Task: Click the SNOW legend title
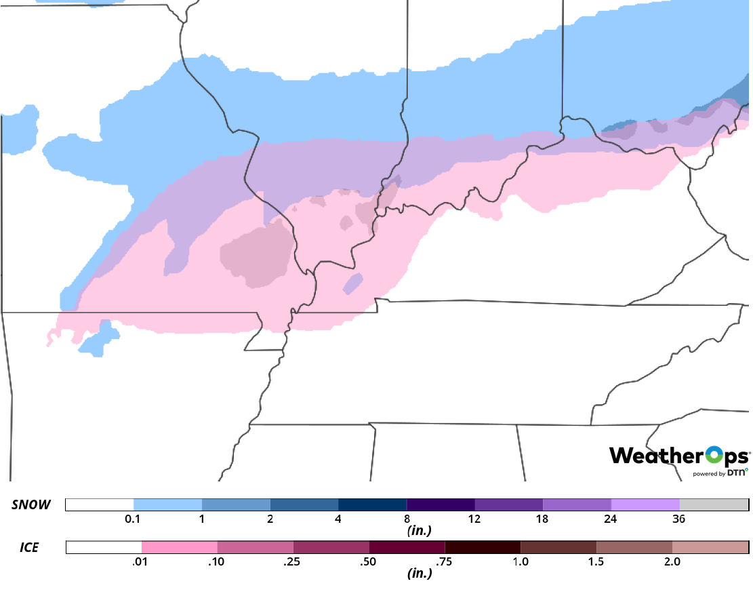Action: coord(30,504)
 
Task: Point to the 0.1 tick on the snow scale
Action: coord(134,519)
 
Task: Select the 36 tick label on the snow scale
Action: coord(679,519)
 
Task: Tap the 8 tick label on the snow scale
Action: coord(406,519)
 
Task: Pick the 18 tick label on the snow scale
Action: coord(542,519)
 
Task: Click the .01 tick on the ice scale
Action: coord(142,561)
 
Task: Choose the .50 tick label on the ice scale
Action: coord(369,561)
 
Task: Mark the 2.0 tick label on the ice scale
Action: coord(672,561)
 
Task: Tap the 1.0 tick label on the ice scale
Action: coord(521,561)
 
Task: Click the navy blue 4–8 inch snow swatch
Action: coord(372,504)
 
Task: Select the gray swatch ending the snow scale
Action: coord(714,504)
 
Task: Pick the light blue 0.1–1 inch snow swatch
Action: coord(167,504)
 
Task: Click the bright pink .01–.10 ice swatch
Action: coord(180,547)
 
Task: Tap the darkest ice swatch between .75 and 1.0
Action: coord(483,547)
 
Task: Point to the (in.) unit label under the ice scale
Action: coord(419,573)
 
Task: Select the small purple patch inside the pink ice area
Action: coord(353,283)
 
